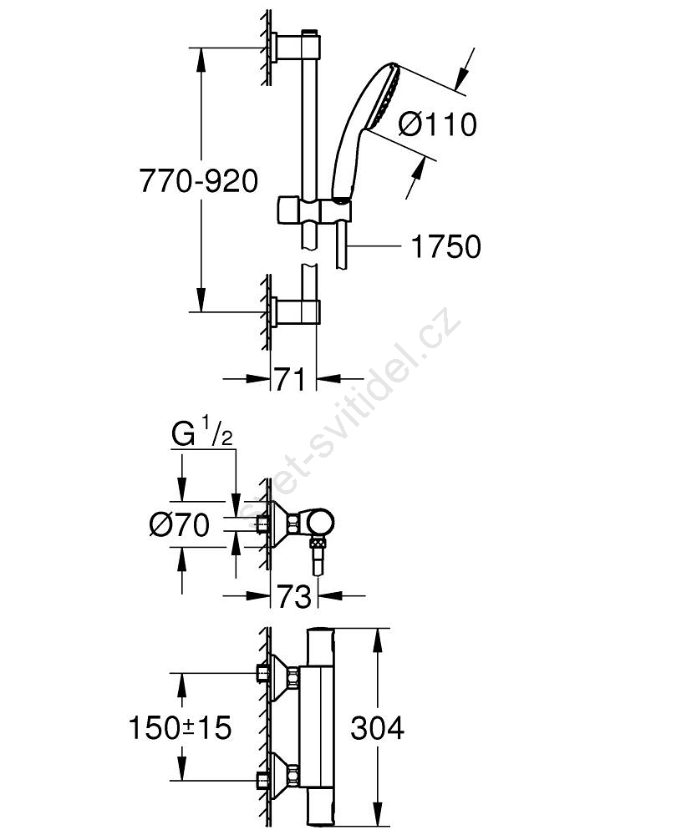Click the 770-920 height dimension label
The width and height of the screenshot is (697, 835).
(x=198, y=181)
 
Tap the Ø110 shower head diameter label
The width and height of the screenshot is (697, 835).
(x=437, y=124)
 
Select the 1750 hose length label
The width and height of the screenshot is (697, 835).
(x=446, y=246)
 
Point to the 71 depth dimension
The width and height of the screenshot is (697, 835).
(x=291, y=379)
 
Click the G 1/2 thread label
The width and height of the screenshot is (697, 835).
(x=202, y=436)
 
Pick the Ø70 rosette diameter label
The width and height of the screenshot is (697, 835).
(x=180, y=525)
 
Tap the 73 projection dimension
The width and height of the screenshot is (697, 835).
(x=293, y=596)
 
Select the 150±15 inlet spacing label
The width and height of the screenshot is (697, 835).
(x=181, y=727)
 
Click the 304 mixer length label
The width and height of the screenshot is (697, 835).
(x=377, y=728)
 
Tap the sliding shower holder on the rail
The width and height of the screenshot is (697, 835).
(x=314, y=210)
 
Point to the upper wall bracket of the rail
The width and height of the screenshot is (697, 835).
(x=297, y=47)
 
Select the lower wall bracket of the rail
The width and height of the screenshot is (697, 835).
(x=296, y=312)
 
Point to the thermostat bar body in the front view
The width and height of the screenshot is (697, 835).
(x=321, y=728)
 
